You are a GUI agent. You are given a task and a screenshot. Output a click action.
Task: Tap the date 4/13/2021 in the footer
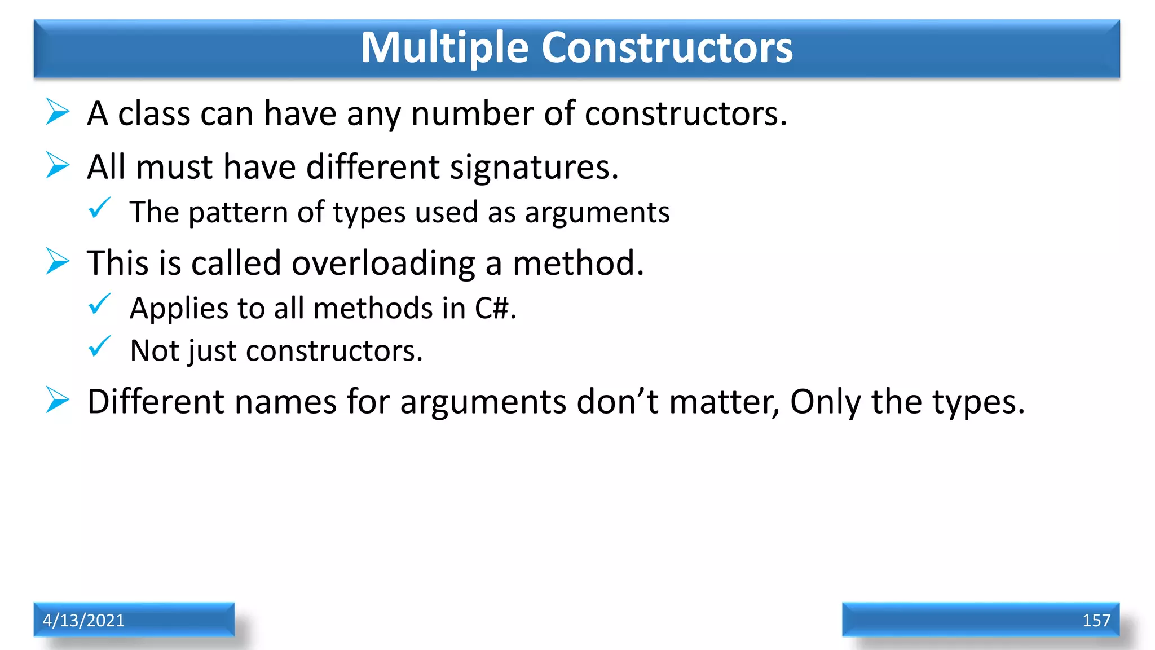tap(83, 620)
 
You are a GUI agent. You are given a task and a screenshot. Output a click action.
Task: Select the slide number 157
tap(1096, 620)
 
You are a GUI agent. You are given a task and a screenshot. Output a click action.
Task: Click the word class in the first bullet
tap(154, 113)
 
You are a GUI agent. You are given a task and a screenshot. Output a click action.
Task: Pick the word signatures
tap(534, 168)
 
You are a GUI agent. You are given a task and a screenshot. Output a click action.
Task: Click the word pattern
tap(238, 213)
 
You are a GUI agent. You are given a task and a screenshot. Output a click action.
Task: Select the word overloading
tap(383, 263)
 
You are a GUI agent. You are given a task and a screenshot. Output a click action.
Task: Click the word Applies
tap(178, 309)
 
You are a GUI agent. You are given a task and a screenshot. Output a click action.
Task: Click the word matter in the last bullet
tap(724, 402)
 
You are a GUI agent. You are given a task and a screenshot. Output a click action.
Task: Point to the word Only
tap(825, 402)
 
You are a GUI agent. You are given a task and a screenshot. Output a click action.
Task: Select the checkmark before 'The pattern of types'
tap(100, 208)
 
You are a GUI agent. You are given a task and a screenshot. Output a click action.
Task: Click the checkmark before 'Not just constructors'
tap(100, 347)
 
